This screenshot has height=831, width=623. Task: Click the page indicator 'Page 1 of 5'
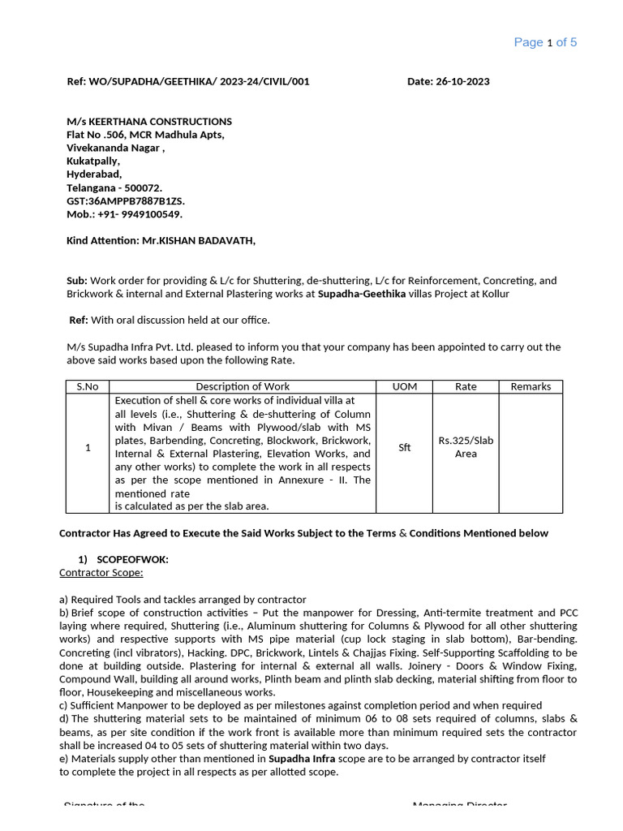pos(545,42)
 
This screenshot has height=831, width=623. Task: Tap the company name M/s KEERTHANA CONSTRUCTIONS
pos(149,122)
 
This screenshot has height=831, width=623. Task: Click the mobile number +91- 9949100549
pos(139,214)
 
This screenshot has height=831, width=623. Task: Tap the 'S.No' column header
pos(87,387)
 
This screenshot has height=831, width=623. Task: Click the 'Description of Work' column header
pos(243,387)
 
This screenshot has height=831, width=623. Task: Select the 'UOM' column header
pos(404,387)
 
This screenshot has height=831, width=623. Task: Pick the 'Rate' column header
pos(466,387)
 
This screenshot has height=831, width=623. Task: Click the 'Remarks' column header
pos(531,387)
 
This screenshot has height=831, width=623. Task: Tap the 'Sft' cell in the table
pos(404,448)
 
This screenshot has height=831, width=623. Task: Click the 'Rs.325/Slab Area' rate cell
pos(466,447)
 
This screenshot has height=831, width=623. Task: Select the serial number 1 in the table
pos(87,448)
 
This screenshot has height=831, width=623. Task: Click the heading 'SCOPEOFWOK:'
pos(132,560)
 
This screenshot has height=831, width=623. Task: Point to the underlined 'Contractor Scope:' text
pos(101,573)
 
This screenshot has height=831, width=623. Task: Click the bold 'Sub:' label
pos(77,281)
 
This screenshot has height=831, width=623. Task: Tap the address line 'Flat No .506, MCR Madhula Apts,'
pos(145,135)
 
